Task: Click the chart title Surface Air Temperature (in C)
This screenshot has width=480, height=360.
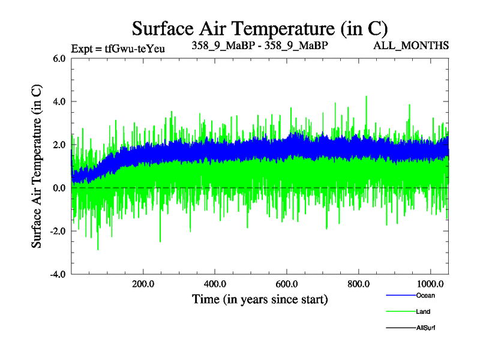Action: click(260, 29)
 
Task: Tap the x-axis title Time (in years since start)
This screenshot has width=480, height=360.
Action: click(260, 299)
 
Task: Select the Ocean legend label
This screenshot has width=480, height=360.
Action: click(425, 295)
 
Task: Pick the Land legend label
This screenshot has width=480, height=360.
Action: click(423, 311)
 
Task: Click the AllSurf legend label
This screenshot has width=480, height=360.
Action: click(425, 328)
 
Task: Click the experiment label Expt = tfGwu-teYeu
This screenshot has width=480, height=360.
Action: click(118, 48)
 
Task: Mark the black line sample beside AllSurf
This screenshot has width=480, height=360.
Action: click(401, 328)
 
